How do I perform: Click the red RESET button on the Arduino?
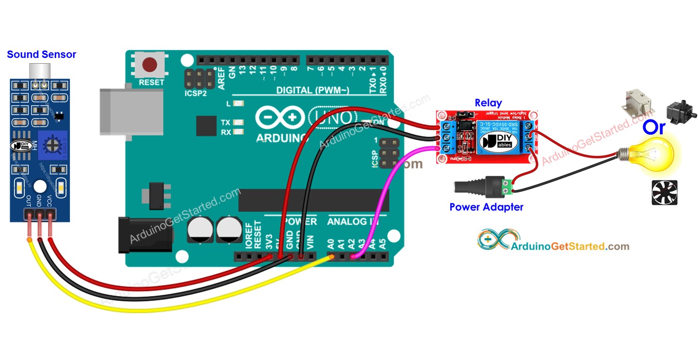(151, 64)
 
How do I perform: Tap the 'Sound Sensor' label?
(42, 55)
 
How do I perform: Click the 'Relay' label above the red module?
(488, 103)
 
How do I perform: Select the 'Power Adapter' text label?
(486, 207)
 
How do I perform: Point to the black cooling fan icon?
(664, 193)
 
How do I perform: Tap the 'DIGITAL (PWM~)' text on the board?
(312, 90)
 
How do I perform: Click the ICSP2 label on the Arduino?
(195, 93)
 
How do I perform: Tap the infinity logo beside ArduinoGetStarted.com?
(493, 240)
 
